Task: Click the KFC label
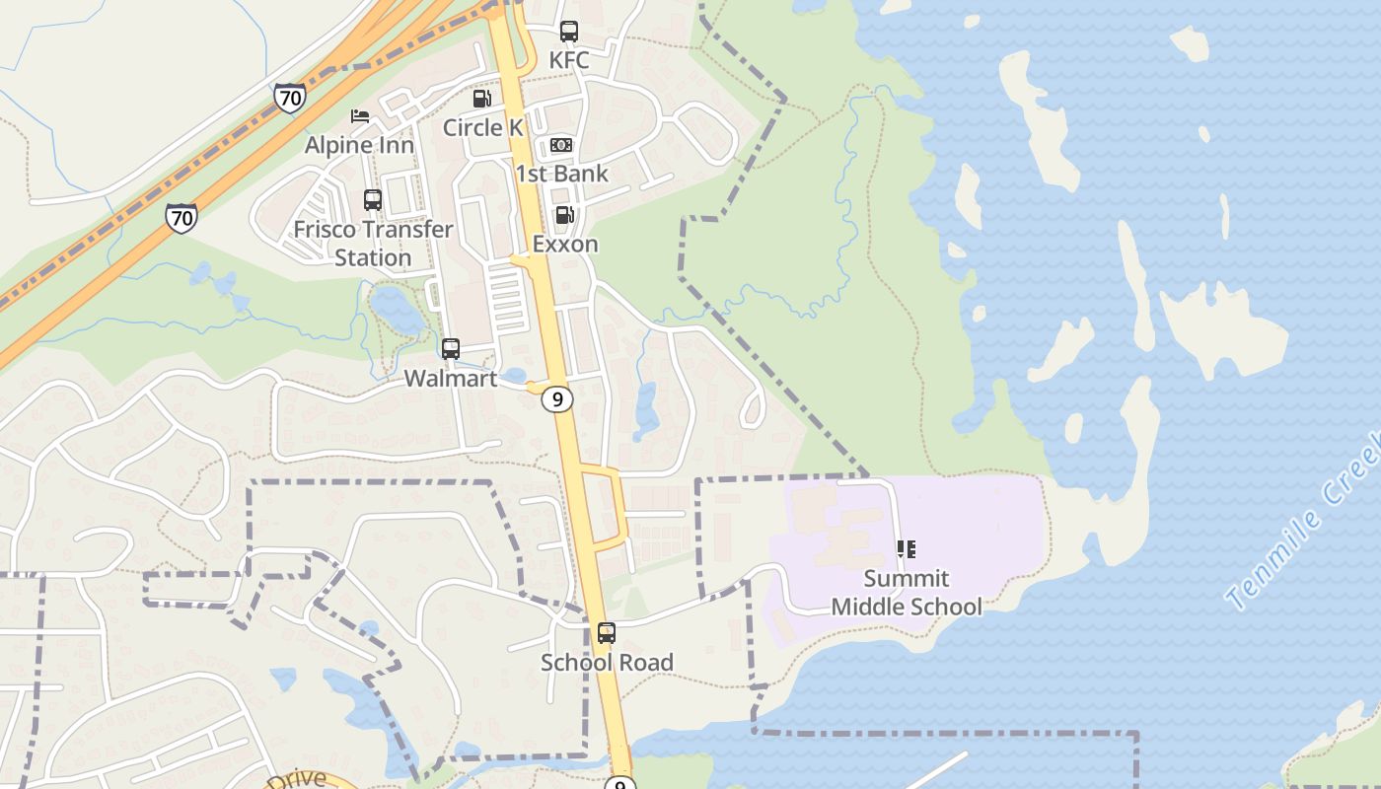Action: pos(569,60)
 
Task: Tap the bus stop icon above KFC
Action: pos(569,32)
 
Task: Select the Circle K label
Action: pos(482,127)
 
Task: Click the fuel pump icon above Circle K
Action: pos(481,99)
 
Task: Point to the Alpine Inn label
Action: pos(359,145)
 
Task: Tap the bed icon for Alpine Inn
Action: pos(360,116)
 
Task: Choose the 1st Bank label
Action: pos(561,174)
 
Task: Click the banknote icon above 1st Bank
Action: pos(561,145)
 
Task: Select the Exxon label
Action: pos(565,244)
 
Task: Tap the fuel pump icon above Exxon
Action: pos(564,215)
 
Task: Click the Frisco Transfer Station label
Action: pos(373,244)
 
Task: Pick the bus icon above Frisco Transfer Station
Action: pos(373,200)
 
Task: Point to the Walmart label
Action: pos(451,378)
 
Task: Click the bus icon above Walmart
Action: pos(451,348)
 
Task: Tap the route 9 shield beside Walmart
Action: pos(558,399)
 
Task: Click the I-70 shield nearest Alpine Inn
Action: pos(289,97)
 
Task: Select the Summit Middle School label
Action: pos(906,592)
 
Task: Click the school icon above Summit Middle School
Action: pos(906,549)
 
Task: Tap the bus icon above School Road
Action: pos(607,633)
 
